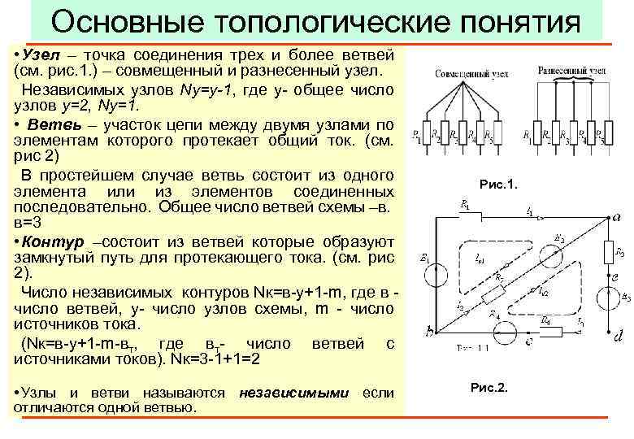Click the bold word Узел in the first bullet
pyautogui.click(x=40, y=55)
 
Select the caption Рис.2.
pyautogui.click(x=489, y=387)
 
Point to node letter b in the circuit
pyautogui.click(x=428, y=331)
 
